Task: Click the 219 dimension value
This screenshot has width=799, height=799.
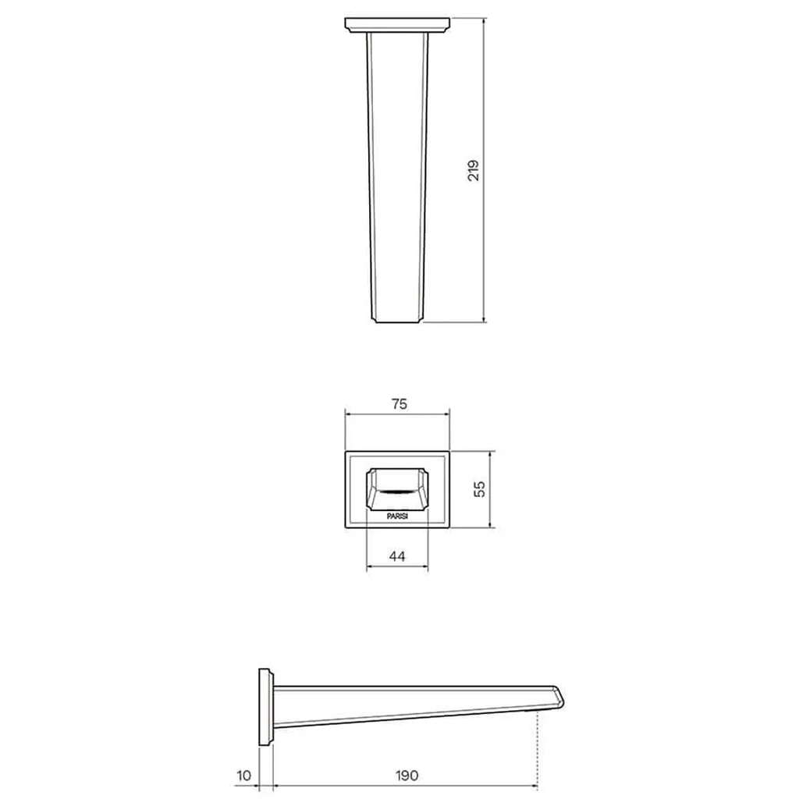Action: click(x=474, y=170)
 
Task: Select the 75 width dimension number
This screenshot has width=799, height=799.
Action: click(x=398, y=403)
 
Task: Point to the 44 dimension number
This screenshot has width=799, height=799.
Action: click(x=397, y=557)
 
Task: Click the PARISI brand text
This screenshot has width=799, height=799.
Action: click(x=397, y=516)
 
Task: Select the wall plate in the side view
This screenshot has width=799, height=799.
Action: click(x=265, y=707)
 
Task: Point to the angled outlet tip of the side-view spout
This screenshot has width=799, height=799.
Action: click(x=558, y=697)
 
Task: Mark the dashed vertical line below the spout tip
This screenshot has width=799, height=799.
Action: click(x=538, y=749)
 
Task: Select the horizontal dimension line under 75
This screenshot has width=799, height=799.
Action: click(x=398, y=414)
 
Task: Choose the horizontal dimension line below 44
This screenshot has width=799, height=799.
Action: click(x=397, y=569)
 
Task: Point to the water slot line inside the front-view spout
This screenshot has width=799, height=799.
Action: click(x=397, y=492)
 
